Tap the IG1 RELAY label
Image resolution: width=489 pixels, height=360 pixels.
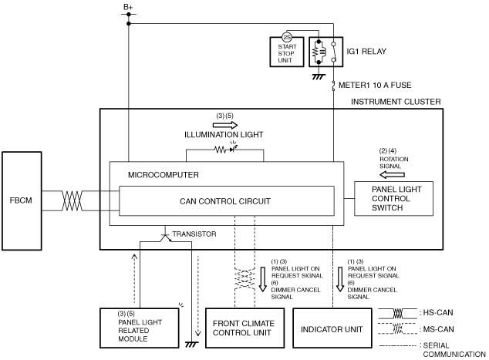366,52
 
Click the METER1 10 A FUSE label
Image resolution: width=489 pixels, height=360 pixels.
375,85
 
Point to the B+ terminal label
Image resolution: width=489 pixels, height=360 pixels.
128,6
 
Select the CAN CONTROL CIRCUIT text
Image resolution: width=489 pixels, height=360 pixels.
225,201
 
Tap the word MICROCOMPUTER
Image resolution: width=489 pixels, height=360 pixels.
163,175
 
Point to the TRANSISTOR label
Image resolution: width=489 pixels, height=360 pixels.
194,234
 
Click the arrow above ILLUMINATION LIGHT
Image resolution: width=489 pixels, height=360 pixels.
225,126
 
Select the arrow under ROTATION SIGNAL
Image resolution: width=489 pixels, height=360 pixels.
393,174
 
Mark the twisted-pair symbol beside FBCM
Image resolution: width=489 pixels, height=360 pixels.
72,201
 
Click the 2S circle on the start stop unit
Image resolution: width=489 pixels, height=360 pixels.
287,38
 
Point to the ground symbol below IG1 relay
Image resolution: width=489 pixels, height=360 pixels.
319,76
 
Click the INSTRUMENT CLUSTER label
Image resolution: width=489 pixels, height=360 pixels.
396,102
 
